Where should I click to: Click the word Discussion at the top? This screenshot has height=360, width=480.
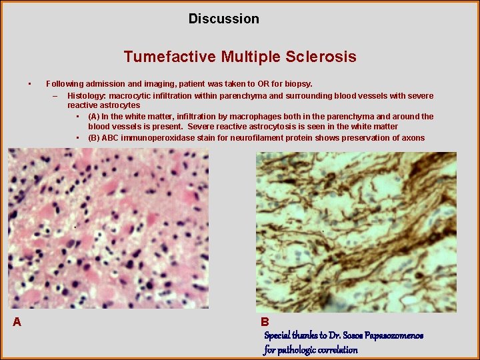[x=223, y=19]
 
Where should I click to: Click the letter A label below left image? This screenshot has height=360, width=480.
[x=17, y=322]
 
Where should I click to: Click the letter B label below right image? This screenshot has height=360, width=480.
[x=265, y=322]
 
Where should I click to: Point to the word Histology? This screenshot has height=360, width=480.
[x=87, y=95]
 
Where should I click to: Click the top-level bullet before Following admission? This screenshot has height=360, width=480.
[x=30, y=84]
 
